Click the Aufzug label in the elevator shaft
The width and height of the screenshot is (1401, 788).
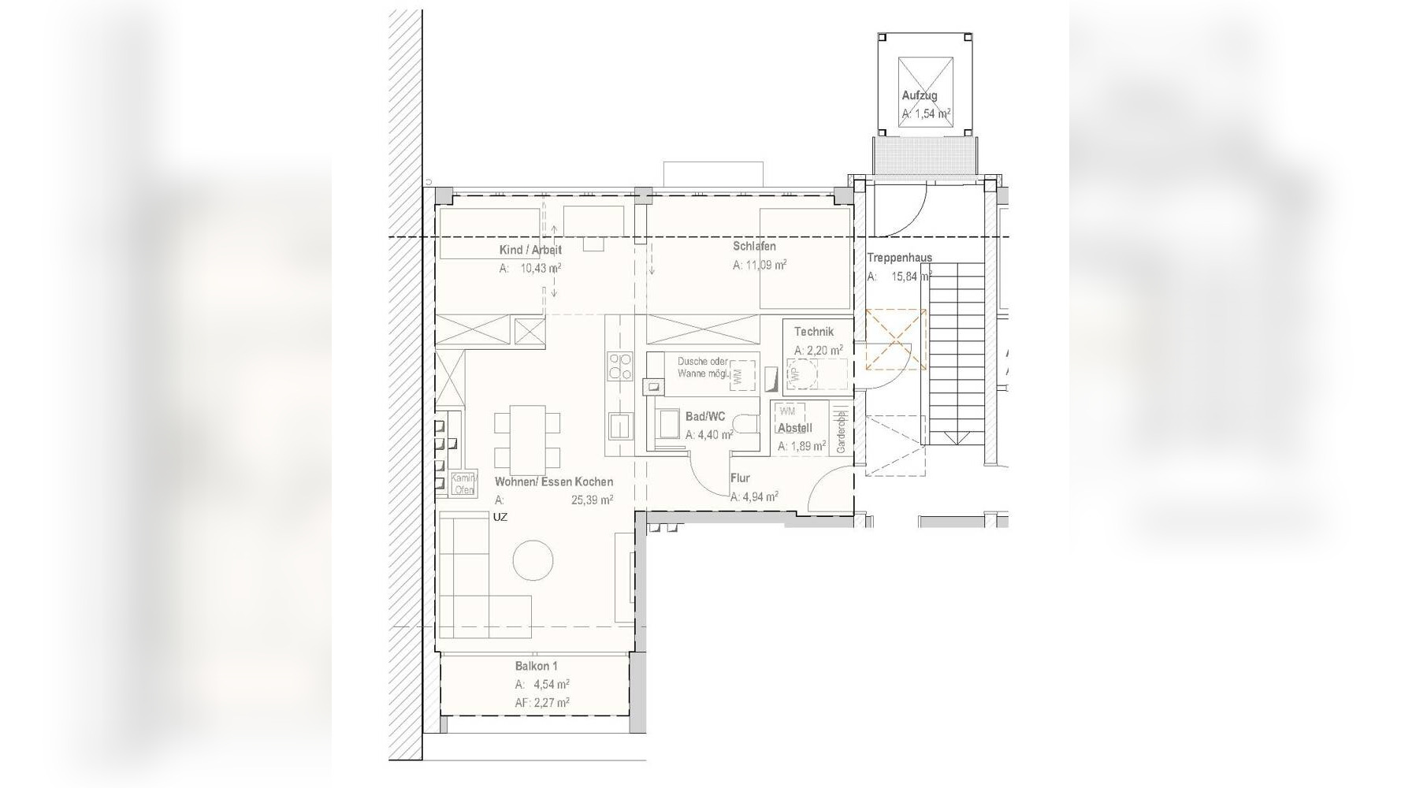[920, 96]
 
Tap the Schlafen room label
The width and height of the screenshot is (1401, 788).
[754, 247]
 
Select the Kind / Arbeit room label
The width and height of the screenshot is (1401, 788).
[530, 250]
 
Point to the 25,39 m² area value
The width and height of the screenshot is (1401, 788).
[592, 500]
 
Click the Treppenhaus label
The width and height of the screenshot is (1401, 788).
[899, 258]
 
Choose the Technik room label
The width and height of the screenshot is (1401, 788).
[813, 332]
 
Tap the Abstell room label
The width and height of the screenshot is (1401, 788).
[794, 428]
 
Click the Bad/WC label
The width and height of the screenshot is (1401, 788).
[705, 416]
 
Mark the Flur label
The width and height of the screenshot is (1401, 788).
[740, 478]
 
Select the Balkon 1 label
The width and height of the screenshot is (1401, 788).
[537, 666]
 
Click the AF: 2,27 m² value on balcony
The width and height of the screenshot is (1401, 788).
[542, 702]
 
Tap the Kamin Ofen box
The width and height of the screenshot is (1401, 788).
[463, 484]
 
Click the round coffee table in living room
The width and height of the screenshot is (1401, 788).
[533, 561]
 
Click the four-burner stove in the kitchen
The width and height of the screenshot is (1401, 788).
[619, 366]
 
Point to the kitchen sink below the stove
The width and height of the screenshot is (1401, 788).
[619, 426]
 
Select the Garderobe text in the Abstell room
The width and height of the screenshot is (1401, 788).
[841, 432]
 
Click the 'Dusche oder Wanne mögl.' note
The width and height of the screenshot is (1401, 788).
[703, 367]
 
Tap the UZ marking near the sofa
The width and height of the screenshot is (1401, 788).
[500, 518]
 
